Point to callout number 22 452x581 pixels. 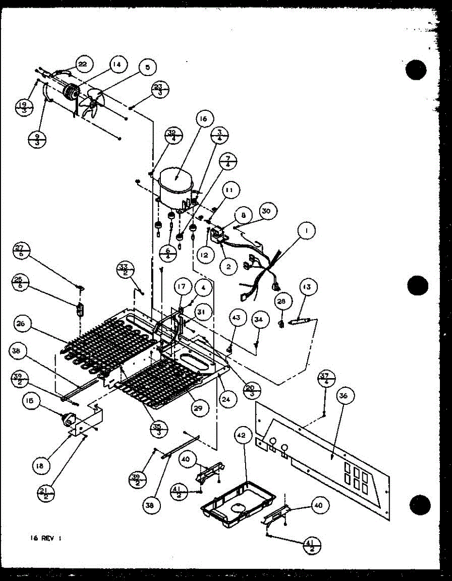point(83,63)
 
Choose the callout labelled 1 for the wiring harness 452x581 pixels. point(306,232)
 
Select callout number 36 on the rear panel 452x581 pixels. point(343,396)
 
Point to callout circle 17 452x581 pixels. point(181,287)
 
